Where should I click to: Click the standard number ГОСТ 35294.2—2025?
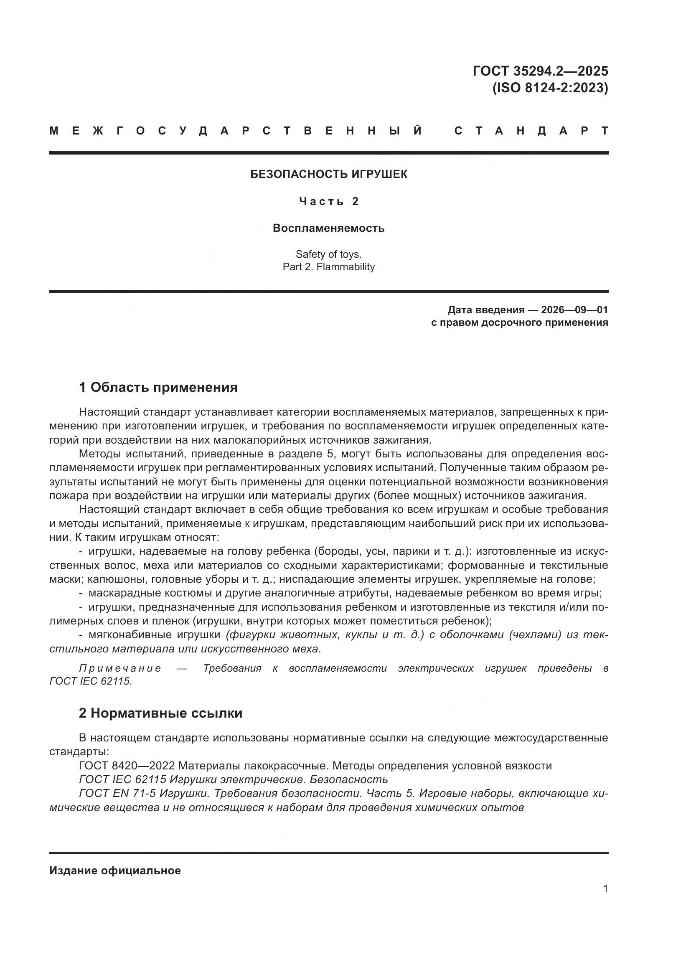point(540,71)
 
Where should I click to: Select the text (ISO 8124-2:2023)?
point(550,88)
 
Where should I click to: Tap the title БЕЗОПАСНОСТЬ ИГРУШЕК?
point(328,174)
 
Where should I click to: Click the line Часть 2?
point(328,201)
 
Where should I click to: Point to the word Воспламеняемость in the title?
point(328,228)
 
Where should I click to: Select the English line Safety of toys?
point(328,254)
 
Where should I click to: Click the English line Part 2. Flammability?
point(328,267)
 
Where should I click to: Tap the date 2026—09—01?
point(574,310)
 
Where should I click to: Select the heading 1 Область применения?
point(158,387)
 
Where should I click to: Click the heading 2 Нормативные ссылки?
point(160,713)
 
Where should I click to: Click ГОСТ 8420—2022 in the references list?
point(127,766)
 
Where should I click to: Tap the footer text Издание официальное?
point(115,870)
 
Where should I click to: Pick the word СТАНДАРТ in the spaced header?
point(531,131)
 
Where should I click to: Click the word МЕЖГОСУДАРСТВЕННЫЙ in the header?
point(236,131)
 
